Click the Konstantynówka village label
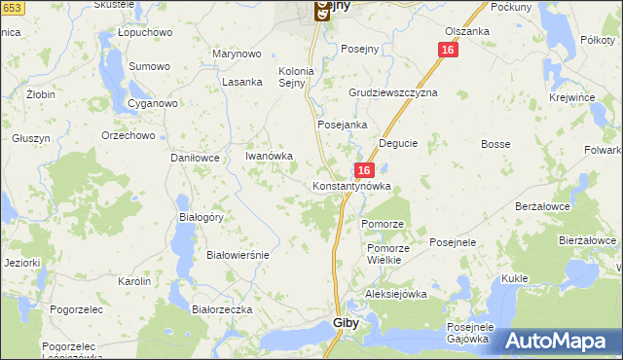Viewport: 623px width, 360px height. point(351,185)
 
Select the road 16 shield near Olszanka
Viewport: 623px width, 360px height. point(448,50)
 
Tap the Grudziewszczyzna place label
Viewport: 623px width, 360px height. point(393,92)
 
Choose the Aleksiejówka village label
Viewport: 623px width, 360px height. point(396,294)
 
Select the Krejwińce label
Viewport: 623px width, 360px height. point(571,99)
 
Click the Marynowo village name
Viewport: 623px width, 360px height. point(238,55)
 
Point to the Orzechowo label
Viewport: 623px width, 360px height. point(128,135)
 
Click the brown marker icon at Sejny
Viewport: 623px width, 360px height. point(322,11)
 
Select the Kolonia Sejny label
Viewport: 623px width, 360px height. point(297,77)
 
